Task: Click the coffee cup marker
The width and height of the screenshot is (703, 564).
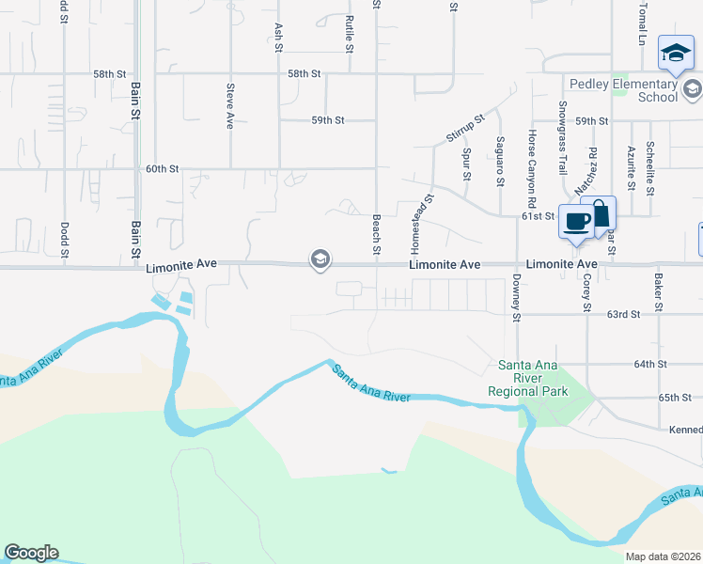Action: (575, 223)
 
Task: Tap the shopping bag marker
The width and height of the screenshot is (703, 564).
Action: (598, 214)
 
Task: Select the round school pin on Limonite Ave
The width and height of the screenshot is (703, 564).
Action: (320, 259)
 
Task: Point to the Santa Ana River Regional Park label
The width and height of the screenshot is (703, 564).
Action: (527, 378)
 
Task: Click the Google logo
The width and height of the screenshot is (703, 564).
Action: (31, 553)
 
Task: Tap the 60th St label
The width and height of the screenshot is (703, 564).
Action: (163, 169)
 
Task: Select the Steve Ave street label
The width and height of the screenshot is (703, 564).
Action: (229, 106)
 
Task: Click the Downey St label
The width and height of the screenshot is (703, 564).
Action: (517, 298)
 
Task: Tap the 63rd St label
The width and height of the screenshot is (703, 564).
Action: (623, 314)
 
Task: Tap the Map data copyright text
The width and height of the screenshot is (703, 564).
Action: (663, 556)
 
